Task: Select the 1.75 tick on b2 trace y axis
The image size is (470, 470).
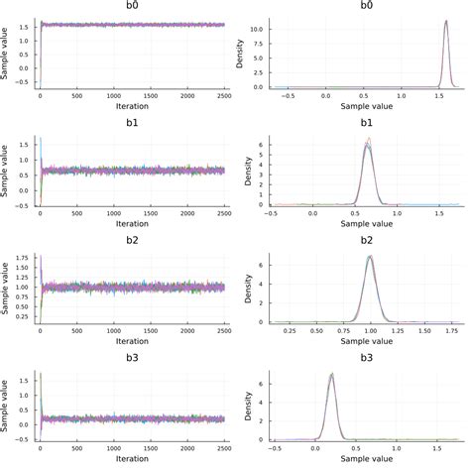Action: click(23, 260)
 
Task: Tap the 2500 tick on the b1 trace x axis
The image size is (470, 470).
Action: click(224, 213)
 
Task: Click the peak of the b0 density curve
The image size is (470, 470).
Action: click(446, 20)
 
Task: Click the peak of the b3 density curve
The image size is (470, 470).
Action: click(331, 374)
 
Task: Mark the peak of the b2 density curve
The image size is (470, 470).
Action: click(370, 256)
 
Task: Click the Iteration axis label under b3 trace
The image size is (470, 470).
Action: click(132, 461)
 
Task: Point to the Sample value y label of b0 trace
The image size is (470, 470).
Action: click(7, 53)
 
